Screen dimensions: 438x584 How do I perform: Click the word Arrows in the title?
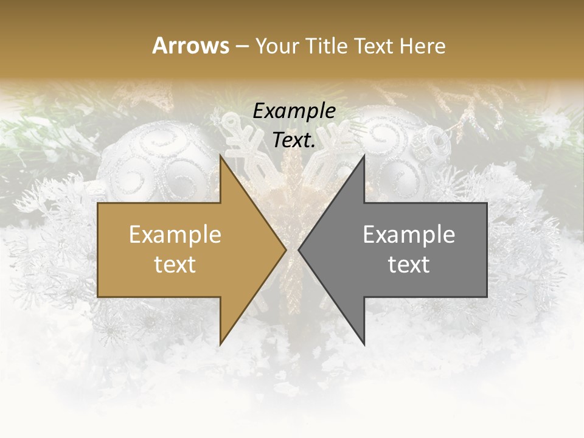(x=191, y=46)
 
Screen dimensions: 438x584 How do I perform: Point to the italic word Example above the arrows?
(x=294, y=111)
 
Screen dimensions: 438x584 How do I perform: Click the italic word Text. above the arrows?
(x=294, y=141)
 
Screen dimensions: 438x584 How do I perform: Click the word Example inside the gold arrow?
(x=175, y=234)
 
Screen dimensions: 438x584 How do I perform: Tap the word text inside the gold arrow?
(x=175, y=264)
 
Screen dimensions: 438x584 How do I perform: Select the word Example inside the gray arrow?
(x=409, y=234)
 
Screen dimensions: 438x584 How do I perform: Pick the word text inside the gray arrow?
(x=409, y=264)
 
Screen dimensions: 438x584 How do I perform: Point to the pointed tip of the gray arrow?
(x=299, y=249)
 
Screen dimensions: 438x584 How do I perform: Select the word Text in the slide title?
(x=373, y=46)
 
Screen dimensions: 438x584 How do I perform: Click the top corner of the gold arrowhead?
(x=220, y=156)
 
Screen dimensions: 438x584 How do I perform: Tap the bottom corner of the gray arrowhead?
(x=364, y=344)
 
